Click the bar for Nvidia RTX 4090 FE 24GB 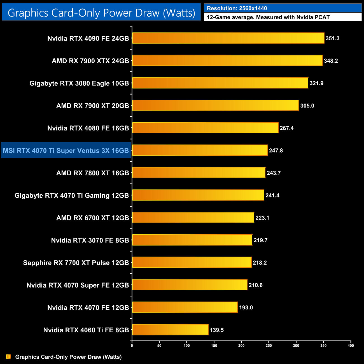[228, 38]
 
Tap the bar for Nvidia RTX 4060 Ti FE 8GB [170, 330]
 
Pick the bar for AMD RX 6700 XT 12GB [193, 218]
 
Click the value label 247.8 [276, 151]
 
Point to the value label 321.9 [316, 83]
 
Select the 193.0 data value [246, 307]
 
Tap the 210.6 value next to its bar [255, 285]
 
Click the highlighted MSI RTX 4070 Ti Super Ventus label [66, 151]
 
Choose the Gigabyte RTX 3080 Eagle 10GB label [79, 83]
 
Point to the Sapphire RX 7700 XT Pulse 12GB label [76, 263]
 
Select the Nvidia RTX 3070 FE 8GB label [90, 240]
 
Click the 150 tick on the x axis [214, 346]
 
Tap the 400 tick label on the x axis [351, 346]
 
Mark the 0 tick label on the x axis [132, 346]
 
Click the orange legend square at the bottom [8, 356]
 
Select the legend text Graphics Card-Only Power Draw [68, 357]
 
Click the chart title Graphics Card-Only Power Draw [101, 13]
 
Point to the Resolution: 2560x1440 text [237, 8]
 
